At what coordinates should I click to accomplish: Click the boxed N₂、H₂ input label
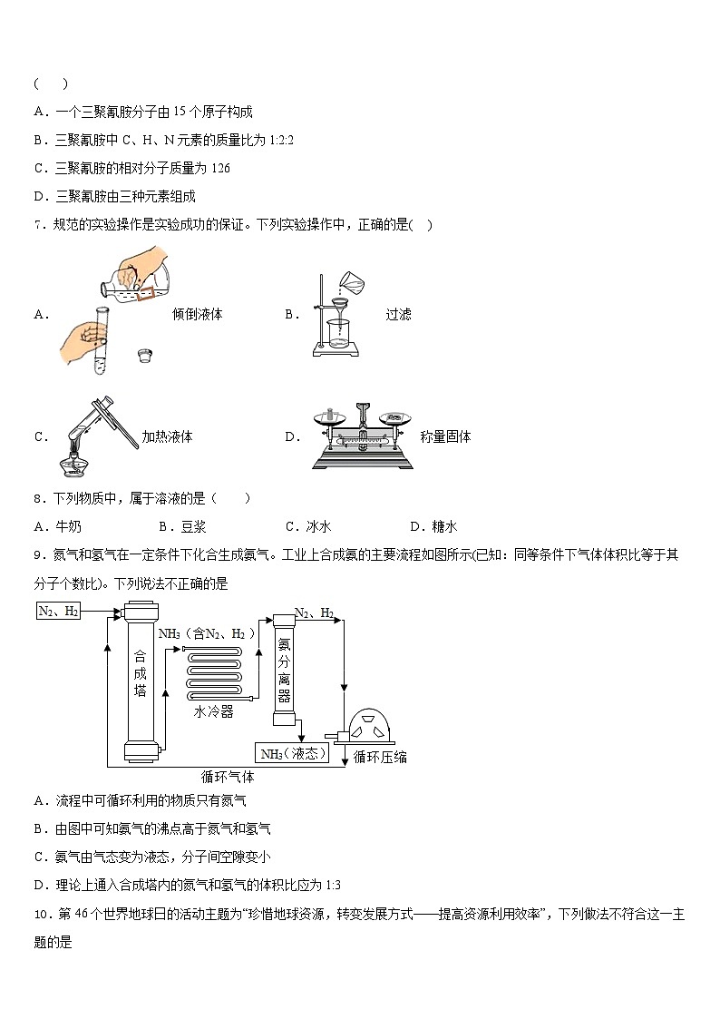(x=59, y=611)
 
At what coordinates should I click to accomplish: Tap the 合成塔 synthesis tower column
(x=140, y=681)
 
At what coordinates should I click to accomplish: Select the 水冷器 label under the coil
(x=213, y=713)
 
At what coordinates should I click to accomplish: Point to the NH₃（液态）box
(x=292, y=753)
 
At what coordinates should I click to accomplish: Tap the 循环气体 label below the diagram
(x=227, y=777)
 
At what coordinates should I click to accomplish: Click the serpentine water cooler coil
(x=218, y=672)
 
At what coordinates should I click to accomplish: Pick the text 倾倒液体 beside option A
(x=197, y=314)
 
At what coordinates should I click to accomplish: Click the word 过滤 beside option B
(x=398, y=314)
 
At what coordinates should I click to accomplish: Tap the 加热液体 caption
(x=167, y=436)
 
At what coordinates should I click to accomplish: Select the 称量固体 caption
(x=445, y=436)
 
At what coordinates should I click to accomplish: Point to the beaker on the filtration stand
(x=338, y=335)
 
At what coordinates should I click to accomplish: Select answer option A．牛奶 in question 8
(x=57, y=526)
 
